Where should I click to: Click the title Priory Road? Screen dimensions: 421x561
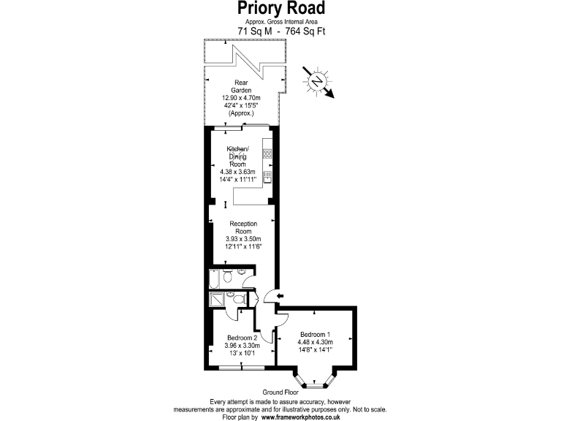[x=280, y=9]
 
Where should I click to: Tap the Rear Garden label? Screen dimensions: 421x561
[x=238, y=86]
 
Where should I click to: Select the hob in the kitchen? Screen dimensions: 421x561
[x=267, y=153]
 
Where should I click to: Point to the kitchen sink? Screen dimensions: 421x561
[x=267, y=176]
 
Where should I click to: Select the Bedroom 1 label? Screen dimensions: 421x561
[x=315, y=334]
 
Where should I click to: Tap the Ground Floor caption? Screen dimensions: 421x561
[x=281, y=392]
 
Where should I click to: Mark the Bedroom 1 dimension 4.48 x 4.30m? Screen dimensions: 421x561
[x=315, y=341]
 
